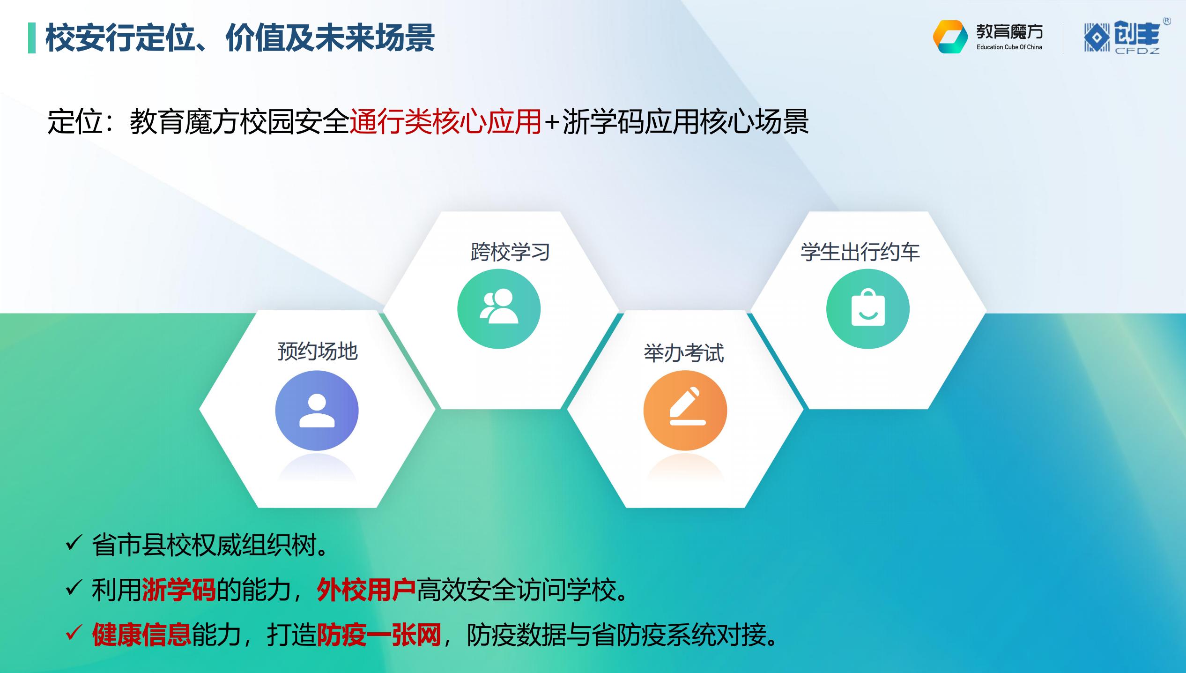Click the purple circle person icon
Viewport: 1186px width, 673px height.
[x=317, y=411]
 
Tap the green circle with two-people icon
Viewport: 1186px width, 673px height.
[x=499, y=309]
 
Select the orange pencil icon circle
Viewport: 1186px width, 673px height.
[x=685, y=411]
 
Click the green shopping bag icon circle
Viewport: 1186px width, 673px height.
[x=868, y=309]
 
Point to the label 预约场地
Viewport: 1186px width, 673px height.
[x=318, y=351]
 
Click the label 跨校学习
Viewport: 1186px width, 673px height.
[x=510, y=252]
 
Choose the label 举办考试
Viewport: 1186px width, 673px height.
[x=684, y=353]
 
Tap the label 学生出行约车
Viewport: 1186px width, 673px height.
[x=860, y=252]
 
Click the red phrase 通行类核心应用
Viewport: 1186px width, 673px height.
[x=445, y=122]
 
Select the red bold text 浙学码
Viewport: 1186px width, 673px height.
[x=178, y=590]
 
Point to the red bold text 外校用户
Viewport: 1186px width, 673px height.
[x=366, y=590]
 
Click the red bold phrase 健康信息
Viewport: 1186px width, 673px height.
[x=141, y=635]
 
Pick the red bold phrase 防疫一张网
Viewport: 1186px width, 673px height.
[x=379, y=635]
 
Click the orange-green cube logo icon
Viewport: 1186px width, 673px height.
[x=950, y=37]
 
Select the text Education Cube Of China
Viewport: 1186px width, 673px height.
[x=1009, y=47]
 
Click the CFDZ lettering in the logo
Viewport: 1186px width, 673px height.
[x=1137, y=51]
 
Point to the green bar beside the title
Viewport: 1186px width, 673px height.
[x=32, y=38]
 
